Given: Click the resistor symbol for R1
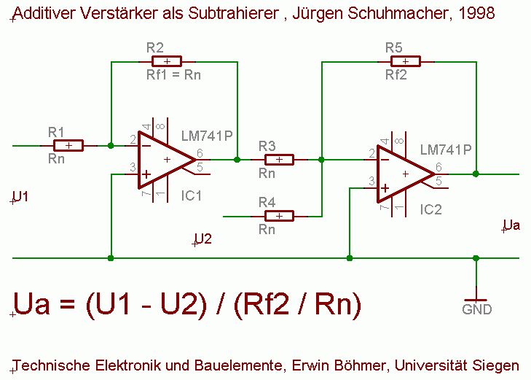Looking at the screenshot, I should pos(68,146).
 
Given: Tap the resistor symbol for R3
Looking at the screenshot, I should pos(279,159).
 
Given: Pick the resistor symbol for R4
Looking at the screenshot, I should pos(279,216).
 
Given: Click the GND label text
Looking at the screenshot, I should pos(477,309).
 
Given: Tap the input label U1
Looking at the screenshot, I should pos(21,197).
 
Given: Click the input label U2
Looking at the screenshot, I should pos(203,239).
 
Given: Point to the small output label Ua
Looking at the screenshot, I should pos(512,225).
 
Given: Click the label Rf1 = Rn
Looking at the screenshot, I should pos(174,74).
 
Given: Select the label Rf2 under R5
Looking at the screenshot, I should pos(396,74).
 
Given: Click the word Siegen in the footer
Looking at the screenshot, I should pos(500,365).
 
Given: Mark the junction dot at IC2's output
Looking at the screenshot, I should pos(476,174).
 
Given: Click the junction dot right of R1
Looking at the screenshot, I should pos(110,146).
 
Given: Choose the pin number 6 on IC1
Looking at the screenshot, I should pos(200,153).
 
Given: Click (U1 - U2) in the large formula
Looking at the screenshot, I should pos(155,304).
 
